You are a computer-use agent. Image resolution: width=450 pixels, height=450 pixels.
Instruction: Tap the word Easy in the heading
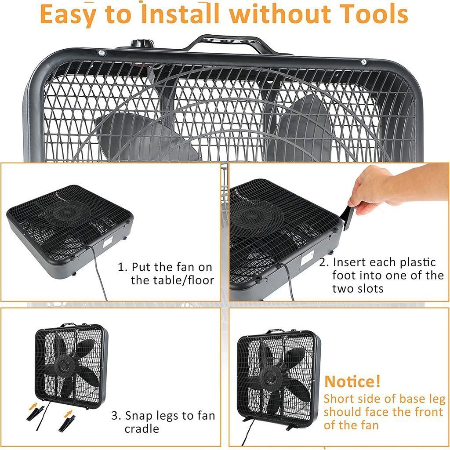tap(69, 15)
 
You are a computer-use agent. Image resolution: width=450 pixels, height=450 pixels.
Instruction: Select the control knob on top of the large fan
tap(143, 44)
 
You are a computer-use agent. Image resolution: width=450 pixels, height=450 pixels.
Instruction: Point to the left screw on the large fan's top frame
tap(102, 53)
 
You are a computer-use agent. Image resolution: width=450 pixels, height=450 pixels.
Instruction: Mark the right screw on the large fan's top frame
tap(364, 62)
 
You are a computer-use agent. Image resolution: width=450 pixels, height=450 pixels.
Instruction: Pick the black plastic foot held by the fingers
tap(348, 217)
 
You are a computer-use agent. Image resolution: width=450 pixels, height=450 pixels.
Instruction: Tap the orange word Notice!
tap(352, 381)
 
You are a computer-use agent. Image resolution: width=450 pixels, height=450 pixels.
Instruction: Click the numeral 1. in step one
tap(123, 267)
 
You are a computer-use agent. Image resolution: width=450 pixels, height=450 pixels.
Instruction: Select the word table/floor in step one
tap(172, 280)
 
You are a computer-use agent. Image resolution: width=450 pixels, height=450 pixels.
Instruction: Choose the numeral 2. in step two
tap(324, 262)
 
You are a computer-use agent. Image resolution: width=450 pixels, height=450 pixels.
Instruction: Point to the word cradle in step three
tap(142, 429)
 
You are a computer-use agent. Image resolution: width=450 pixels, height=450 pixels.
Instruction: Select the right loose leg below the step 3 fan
tap(67, 424)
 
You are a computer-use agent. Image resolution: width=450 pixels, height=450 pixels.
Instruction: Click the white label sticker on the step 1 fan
tap(107, 242)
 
